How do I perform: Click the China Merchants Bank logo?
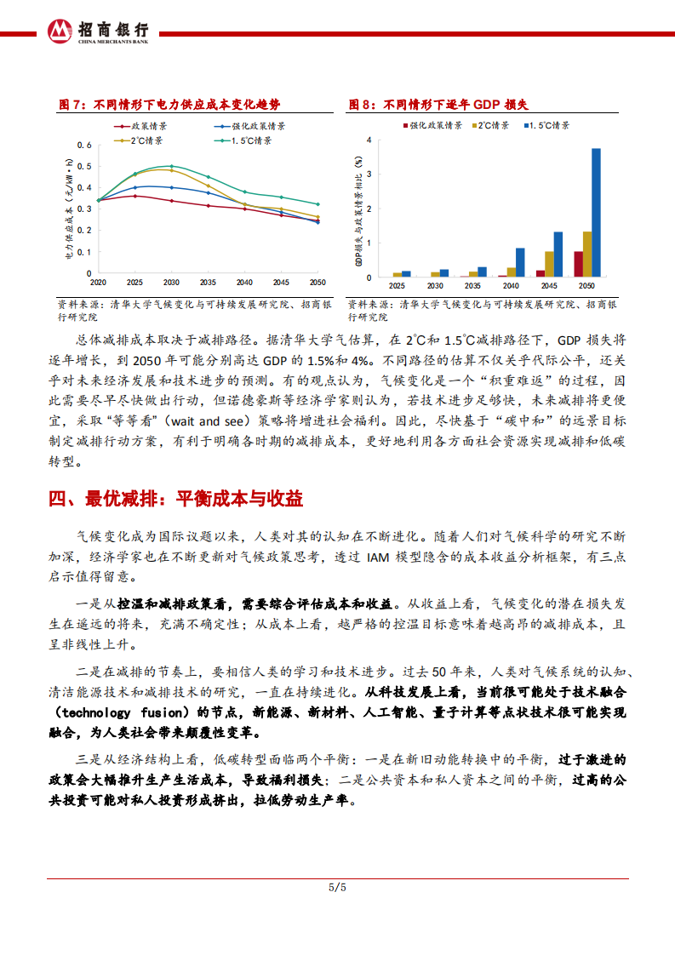click(60, 30)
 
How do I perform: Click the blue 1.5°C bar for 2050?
click(596, 213)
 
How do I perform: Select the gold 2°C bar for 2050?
click(587, 254)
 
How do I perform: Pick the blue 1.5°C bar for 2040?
click(520, 262)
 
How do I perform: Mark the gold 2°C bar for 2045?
click(549, 264)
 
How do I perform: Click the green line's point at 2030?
click(171, 166)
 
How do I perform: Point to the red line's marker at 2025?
click(134, 196)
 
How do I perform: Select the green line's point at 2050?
click(317, 204)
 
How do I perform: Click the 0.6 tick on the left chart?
click(84, 145)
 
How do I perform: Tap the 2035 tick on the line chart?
click(208, 282)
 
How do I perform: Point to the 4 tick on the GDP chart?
click(369, 140)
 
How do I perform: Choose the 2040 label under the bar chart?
click(511, 286)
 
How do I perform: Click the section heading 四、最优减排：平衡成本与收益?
click(176, 499)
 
